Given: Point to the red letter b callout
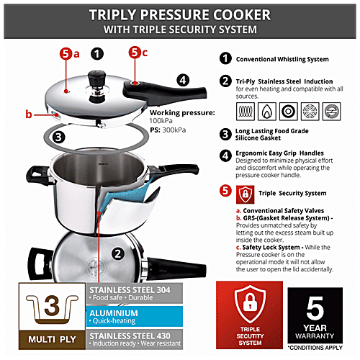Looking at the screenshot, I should (x=30, y=114).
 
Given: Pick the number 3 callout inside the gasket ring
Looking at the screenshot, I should (x=60, y=134).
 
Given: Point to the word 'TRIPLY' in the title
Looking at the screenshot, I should (x=114, y=14).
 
